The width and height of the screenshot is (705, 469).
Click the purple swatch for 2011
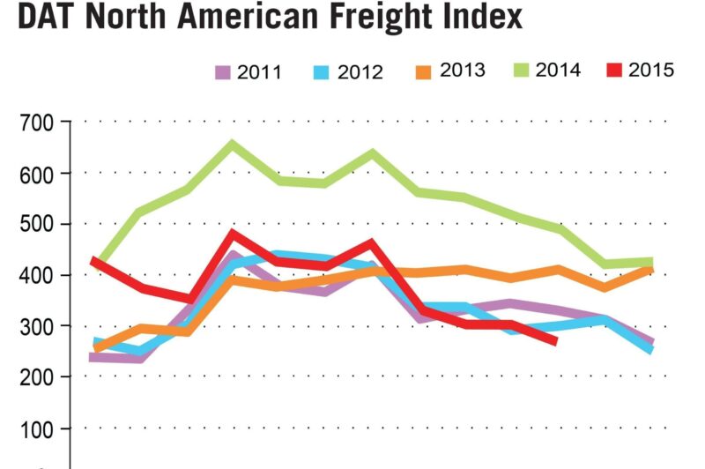point(222,71)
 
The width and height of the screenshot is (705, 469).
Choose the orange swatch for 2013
point(426,71)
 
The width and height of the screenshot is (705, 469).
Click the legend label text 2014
point(559,71)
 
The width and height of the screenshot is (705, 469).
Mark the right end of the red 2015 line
point(554,340)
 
